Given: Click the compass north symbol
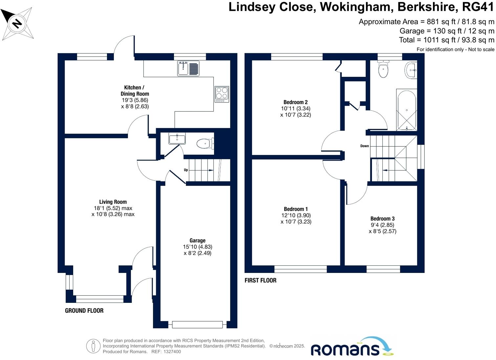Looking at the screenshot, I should click(17, 23).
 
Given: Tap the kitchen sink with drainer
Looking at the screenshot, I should click(188, 68).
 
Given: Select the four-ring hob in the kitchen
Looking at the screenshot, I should click(222, 94).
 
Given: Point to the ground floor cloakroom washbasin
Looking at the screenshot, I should click(177, 138).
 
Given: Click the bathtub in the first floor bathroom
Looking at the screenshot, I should click(406, 110).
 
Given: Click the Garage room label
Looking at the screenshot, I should click(197, 240).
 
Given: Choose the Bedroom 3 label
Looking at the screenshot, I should click(382, 219).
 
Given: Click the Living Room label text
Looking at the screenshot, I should click(113, 202).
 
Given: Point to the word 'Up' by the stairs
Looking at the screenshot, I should click(186, 170).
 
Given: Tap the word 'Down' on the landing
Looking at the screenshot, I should click(364, 146).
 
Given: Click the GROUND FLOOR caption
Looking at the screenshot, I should click(84, 310).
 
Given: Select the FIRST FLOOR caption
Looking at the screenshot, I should click(260, 280).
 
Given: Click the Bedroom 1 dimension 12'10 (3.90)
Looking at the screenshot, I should click(295, 215).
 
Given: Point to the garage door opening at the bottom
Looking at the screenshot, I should click(197, 325).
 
